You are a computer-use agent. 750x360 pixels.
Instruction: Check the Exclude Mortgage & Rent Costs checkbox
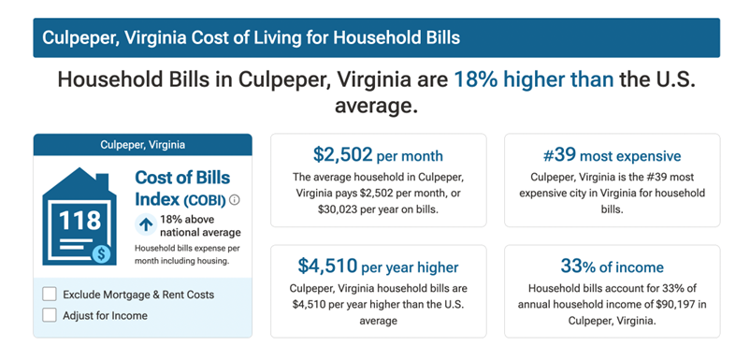[50, 295]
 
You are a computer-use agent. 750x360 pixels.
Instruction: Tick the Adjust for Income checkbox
[50, 315]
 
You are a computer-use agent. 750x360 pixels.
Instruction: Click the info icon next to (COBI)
[235, 199]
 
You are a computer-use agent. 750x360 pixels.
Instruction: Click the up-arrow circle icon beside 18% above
[145, 224]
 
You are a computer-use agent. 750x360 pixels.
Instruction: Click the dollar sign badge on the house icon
[101, 252]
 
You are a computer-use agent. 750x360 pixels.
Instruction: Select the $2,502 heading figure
[343, 155]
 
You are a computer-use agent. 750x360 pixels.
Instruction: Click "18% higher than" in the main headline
[534, 80]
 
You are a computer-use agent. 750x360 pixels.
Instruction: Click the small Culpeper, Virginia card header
[142, 145]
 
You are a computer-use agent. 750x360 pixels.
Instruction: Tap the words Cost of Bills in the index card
[182, 178]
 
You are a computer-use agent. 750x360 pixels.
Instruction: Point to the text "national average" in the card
[200, 232]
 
